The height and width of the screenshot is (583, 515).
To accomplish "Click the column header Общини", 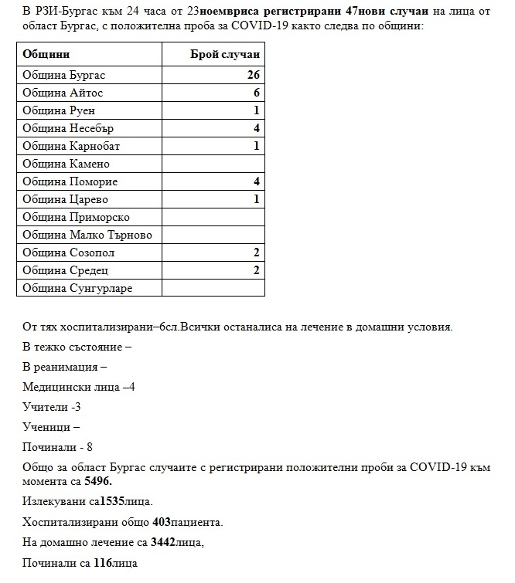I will coord(46,55).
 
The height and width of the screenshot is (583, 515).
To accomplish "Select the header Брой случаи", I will coord(225,55).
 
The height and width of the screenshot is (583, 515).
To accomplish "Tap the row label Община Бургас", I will coord(63,76).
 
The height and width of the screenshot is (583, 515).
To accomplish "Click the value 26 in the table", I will coord(252,76).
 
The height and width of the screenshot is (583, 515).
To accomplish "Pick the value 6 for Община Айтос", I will coord(256,93).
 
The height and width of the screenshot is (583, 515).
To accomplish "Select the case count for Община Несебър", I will coord(256,129).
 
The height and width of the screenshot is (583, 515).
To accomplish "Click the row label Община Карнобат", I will coord(71,147).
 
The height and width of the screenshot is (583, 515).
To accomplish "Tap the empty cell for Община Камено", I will coord(213,164).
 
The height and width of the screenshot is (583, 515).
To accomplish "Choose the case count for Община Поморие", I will coord(256,182).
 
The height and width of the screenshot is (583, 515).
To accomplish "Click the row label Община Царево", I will coord(65,200).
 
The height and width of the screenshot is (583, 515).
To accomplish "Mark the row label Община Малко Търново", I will coord(87,236).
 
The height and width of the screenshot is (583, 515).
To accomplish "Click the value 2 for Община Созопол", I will coord(256,253).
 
